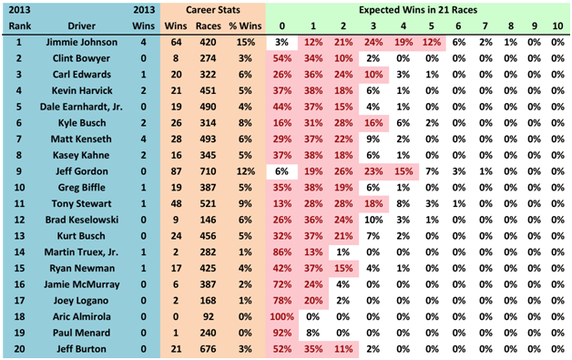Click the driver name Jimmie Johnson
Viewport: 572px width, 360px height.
[82, 42]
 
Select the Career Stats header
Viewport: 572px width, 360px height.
[213, 10]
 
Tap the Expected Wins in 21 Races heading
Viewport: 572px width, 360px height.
[418, 10]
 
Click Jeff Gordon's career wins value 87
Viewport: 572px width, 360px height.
[176, 171]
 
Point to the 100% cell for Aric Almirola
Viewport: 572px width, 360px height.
[282, 316]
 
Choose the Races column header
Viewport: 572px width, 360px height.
[209, 26]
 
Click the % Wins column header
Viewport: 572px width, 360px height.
[245, 26]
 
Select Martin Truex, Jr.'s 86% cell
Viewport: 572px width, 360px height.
[282, 252]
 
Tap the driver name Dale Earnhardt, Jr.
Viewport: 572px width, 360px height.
[81, 107]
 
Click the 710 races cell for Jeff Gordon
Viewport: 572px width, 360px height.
[208, 171]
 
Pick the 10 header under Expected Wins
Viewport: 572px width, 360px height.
[557, 26]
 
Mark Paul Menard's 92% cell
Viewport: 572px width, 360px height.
[282, 333]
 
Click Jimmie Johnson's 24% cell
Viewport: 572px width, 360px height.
[373, 42]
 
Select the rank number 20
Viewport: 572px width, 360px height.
[19, 349]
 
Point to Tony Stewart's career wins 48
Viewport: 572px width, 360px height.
[176, 203]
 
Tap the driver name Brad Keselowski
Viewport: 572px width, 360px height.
[82, 220]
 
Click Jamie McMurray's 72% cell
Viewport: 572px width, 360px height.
[282, 284]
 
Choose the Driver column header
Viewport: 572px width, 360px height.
[81, 26]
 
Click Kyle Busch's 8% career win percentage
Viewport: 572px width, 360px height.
[245, 123]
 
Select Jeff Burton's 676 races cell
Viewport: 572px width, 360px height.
[208, 349]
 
